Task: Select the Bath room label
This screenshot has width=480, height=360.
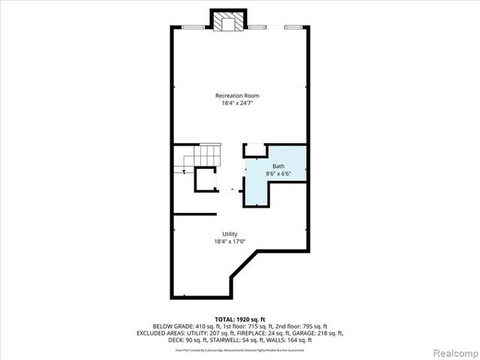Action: [x=277, y=166]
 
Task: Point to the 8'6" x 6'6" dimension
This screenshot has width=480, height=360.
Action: [x=277, y=174]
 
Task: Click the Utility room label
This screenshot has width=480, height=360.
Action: [x=229, y=234]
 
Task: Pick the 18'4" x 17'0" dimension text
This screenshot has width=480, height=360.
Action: [x=229, y=241]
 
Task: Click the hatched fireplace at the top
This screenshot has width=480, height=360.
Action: [x=226, y=23]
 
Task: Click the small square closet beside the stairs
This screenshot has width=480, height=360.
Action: [x=205, y=180]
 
